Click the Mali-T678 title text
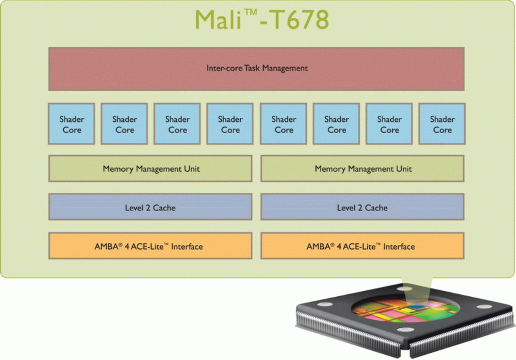click(262, 19)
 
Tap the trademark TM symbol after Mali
click(251, 13)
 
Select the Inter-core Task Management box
click(256, 69)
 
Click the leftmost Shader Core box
click(71, 124)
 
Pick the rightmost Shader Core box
click(442, 124)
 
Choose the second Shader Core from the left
click(124, 124)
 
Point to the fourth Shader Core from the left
click(230, 124)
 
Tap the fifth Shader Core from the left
click(283, 124)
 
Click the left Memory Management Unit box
click(150, 169)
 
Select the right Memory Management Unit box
click(362, 169)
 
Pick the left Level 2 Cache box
click(150, 207)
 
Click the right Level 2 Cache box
click(362, 207)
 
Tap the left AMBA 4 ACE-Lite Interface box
click(150, 246)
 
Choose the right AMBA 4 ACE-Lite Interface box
click(362, 246)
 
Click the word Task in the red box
click(252, 68)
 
